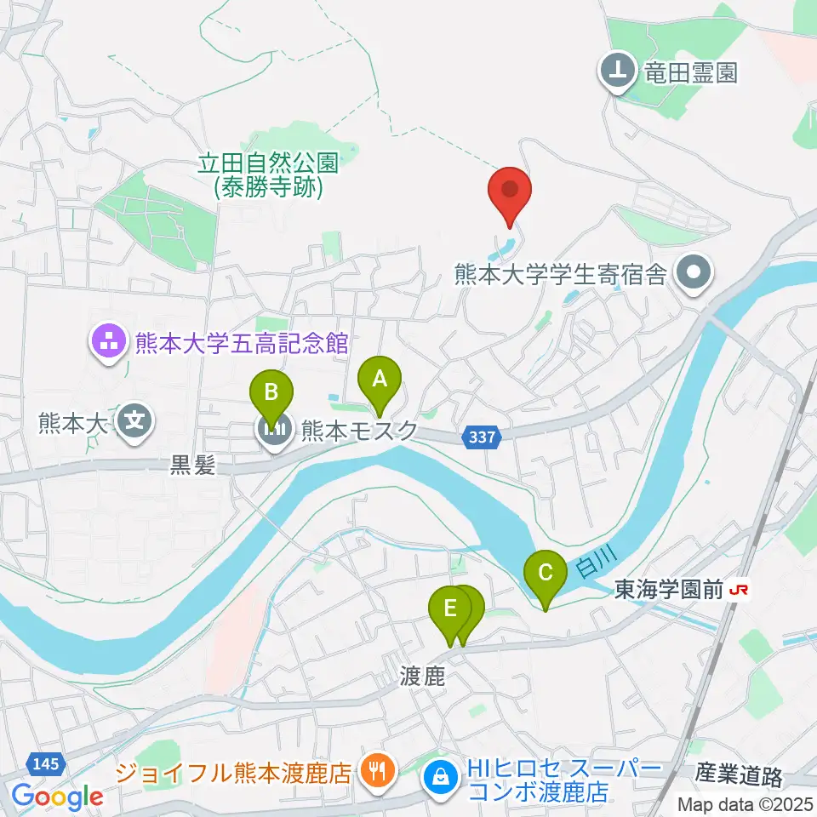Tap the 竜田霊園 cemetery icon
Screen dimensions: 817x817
(x=617, y=72)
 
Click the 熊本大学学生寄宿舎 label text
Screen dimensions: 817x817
(x=562, y=274)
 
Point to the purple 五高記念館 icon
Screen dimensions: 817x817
(x=108, y=344)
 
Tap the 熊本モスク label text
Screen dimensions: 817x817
(x=358, y=431)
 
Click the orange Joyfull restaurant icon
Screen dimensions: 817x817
(x=375, y=772)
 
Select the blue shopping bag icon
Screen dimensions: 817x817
(x=441, y=775)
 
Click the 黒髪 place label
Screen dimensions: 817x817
(x=194, y=465)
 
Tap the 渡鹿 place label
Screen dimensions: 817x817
(x=423, y=676)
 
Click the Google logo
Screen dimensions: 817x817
(x=57, y=797)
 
